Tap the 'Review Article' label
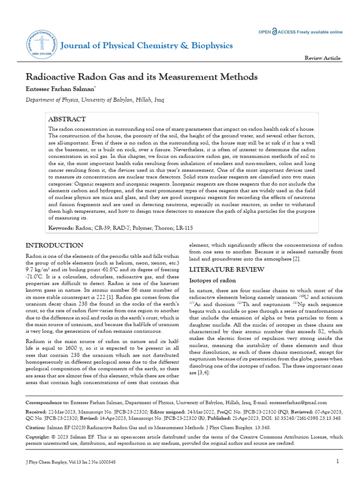pyautogui.click(x=322, y=58)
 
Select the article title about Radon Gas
pyautogui.click(x=141, y=76)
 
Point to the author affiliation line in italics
pyautogui.click(x=95, y=100)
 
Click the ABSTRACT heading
pyautogui.click(x=67, y=120)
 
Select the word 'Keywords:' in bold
pyautogui.click(x=61, y=228)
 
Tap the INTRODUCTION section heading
pyautogui.click(x=54, y=246)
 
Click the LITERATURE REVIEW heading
pyautogui.click(x=220, y=270)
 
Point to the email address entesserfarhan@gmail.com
pyautogui.click(x=298, y=402)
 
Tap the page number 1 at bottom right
pyautogui.click(x=337, y=462)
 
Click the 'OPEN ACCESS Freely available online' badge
pyautogui.click(x=300, y=32)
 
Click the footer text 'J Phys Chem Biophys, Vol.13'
pyautogui.click(x=56, y=462)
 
